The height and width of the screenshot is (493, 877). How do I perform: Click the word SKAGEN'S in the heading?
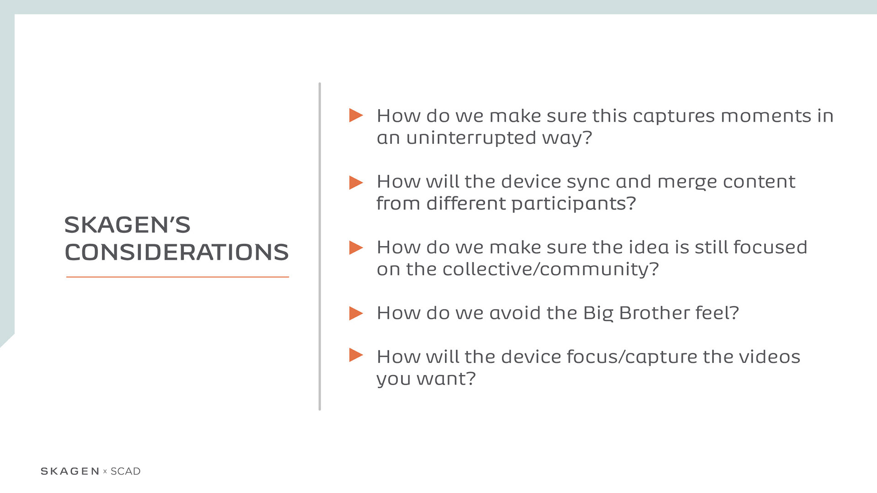coord(127,225)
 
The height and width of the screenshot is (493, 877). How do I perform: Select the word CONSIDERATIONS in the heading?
coord(177,252)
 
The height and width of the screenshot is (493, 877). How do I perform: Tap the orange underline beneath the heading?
coord(178,277)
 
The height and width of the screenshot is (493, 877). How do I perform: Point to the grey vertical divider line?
coord(320,246)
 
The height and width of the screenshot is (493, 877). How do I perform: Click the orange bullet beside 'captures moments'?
coord(356,115)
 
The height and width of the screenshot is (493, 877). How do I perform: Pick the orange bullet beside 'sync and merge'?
coord(356,183)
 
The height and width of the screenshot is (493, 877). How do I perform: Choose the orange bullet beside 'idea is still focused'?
coord(356,247)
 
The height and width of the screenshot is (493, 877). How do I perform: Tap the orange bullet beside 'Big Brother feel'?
coord(356,313)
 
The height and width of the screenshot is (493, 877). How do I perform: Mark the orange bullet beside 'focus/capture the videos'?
coord(356,355)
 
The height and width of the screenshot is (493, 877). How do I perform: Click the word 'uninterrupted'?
coord(471,137)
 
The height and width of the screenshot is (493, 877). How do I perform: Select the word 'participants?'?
coord(574,204)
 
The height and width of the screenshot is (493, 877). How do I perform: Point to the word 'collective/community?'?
coord(550,269)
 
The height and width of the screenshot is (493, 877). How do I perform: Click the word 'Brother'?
coord(654,313)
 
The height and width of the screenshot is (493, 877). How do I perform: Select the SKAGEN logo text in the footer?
coord(70,471)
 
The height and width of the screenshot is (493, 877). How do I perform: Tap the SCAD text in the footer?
coord(126,471)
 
